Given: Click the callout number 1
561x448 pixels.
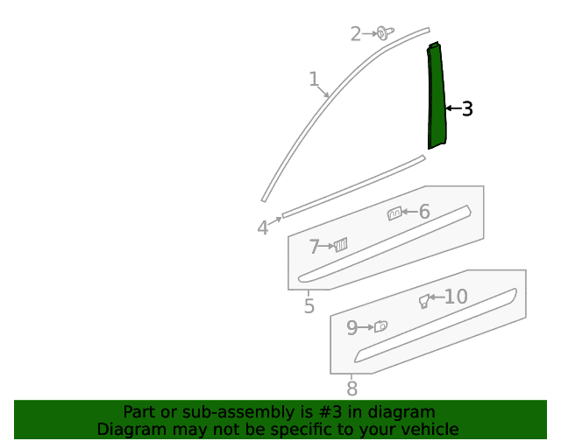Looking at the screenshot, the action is (x=314, y=79).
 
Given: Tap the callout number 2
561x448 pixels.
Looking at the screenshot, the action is (x=356, y=34).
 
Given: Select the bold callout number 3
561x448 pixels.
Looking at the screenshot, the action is (x=467, y=108).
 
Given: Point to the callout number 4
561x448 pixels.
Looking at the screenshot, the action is (x=263, y=227).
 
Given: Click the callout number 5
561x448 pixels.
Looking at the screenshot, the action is (x=309, y=306).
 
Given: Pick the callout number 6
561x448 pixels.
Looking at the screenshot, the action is (x=424, y=212).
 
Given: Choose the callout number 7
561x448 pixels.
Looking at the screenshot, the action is (x=314, y=247).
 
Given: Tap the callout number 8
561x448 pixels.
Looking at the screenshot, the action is (x=352, y=388).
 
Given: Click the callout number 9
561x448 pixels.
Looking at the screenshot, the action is (x=352, y=327).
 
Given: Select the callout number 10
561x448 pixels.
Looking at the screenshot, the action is (x=456, y=297).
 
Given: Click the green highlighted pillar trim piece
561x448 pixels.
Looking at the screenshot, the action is (x=437, y=96).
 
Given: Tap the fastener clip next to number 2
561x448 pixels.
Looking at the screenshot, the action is (x=385, y=33).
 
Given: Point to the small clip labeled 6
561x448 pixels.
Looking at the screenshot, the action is (x=394, y=213).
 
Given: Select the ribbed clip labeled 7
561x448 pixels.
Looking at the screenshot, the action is (x=341, y=245).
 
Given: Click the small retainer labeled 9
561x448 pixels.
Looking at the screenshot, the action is (x=380, y=326).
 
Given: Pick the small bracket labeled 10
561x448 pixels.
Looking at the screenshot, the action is (x=424, y=301).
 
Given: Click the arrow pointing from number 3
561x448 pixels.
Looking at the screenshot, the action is (x=454, y=108).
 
